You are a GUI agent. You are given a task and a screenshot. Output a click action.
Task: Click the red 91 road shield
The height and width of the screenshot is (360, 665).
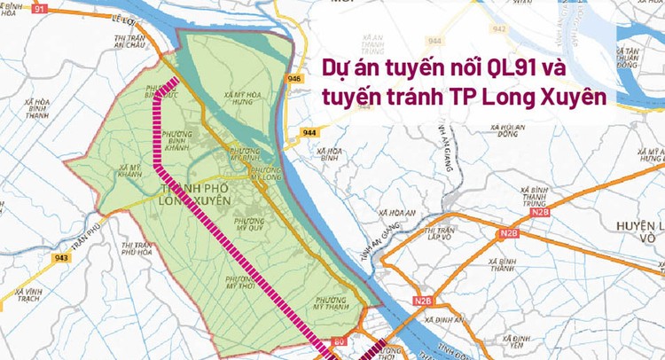click(x=39, y=8)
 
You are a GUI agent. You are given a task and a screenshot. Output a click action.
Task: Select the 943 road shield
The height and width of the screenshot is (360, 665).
click(x=61, y=258)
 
